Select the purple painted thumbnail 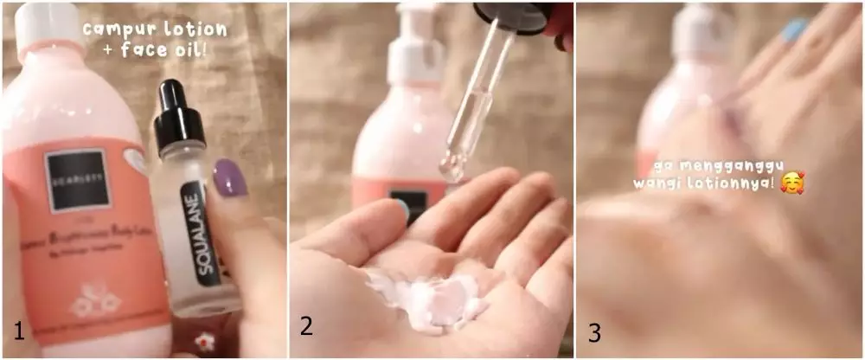(231, 177)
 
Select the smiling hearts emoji (791, 183)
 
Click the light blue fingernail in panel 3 (793, 32)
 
